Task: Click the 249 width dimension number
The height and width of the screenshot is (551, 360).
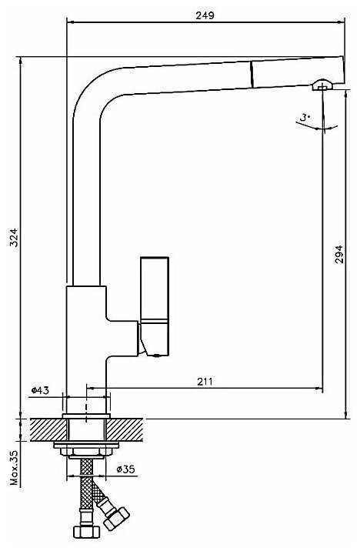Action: click(x=205, y=15)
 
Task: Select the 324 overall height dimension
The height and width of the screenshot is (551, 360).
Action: click(x=13, y=238)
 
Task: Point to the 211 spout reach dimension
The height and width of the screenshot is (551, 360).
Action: click(x=205, y=381)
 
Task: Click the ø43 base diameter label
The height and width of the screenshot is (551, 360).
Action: click(x=41, y=390)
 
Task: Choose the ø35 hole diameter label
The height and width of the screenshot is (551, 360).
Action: click(x=125, y=469)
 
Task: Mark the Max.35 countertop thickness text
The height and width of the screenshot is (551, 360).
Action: click(x=14, y=467)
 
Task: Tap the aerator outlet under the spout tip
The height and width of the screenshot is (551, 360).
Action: click(x=322, y=85)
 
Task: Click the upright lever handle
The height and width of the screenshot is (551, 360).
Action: click(x=155, y=306)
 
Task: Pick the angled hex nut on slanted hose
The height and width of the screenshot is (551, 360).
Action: click(x=117, y=519)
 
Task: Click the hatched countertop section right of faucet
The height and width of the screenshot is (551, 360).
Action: click(x=125, y=429)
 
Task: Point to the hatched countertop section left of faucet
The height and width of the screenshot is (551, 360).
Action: click(x=48, y=429)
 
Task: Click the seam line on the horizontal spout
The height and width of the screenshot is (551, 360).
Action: click(x=252, y=74)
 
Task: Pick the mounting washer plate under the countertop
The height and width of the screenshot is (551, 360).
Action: click(x=86, y=445)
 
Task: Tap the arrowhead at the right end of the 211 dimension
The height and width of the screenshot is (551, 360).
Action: click(x=319, y=389)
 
